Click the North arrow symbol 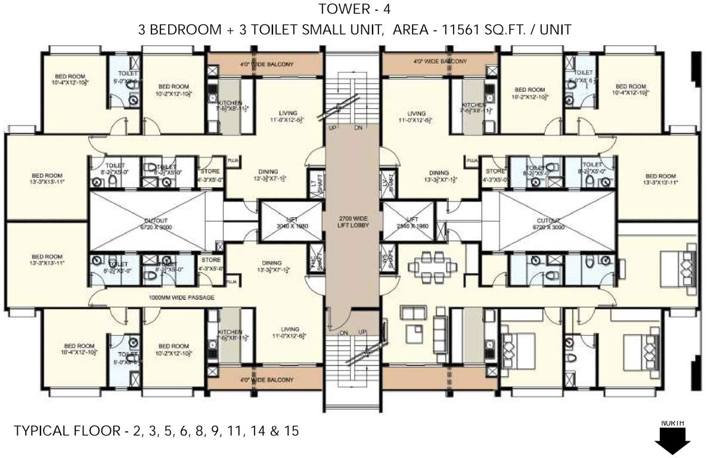point(672,441)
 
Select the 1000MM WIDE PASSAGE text point(181,296)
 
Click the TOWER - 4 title point(353,10)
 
